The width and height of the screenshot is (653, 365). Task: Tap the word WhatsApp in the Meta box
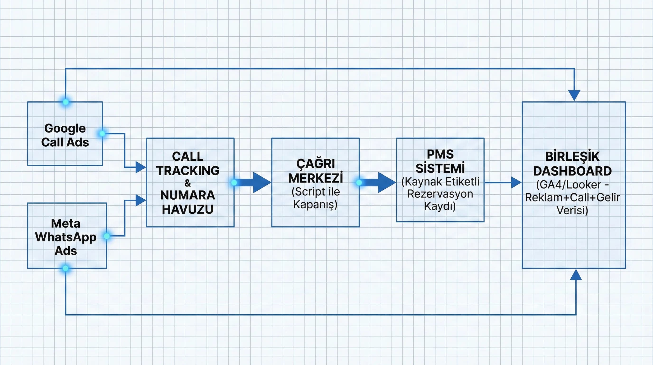[x=66, y=237]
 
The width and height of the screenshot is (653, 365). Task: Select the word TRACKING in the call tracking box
[x=188, y=171]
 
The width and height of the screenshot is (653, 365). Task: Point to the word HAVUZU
[x=188, y=209]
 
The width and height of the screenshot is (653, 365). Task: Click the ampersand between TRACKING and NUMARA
[x=188, y=183]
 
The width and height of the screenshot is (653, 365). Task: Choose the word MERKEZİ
[x=315, y=178]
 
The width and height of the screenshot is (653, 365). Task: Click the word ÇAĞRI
[x=315, y=164]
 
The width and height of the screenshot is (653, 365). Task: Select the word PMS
[x=440, y=154]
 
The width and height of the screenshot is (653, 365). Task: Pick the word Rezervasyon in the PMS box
[x=440, y=194]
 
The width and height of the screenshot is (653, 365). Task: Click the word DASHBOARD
[x=572, y=171]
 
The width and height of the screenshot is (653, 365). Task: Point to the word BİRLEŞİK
[x=572, y=157]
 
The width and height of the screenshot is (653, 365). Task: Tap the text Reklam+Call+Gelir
[x=572, y=197]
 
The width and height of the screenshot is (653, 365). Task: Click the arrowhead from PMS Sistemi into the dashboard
[x=516, y=182]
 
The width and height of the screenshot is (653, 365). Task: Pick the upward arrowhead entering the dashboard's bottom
[x=576, y=275]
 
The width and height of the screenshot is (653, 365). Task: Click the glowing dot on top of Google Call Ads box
[x=65, y=102]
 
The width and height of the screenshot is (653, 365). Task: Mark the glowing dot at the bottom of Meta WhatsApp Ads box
[x=65, y=268]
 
